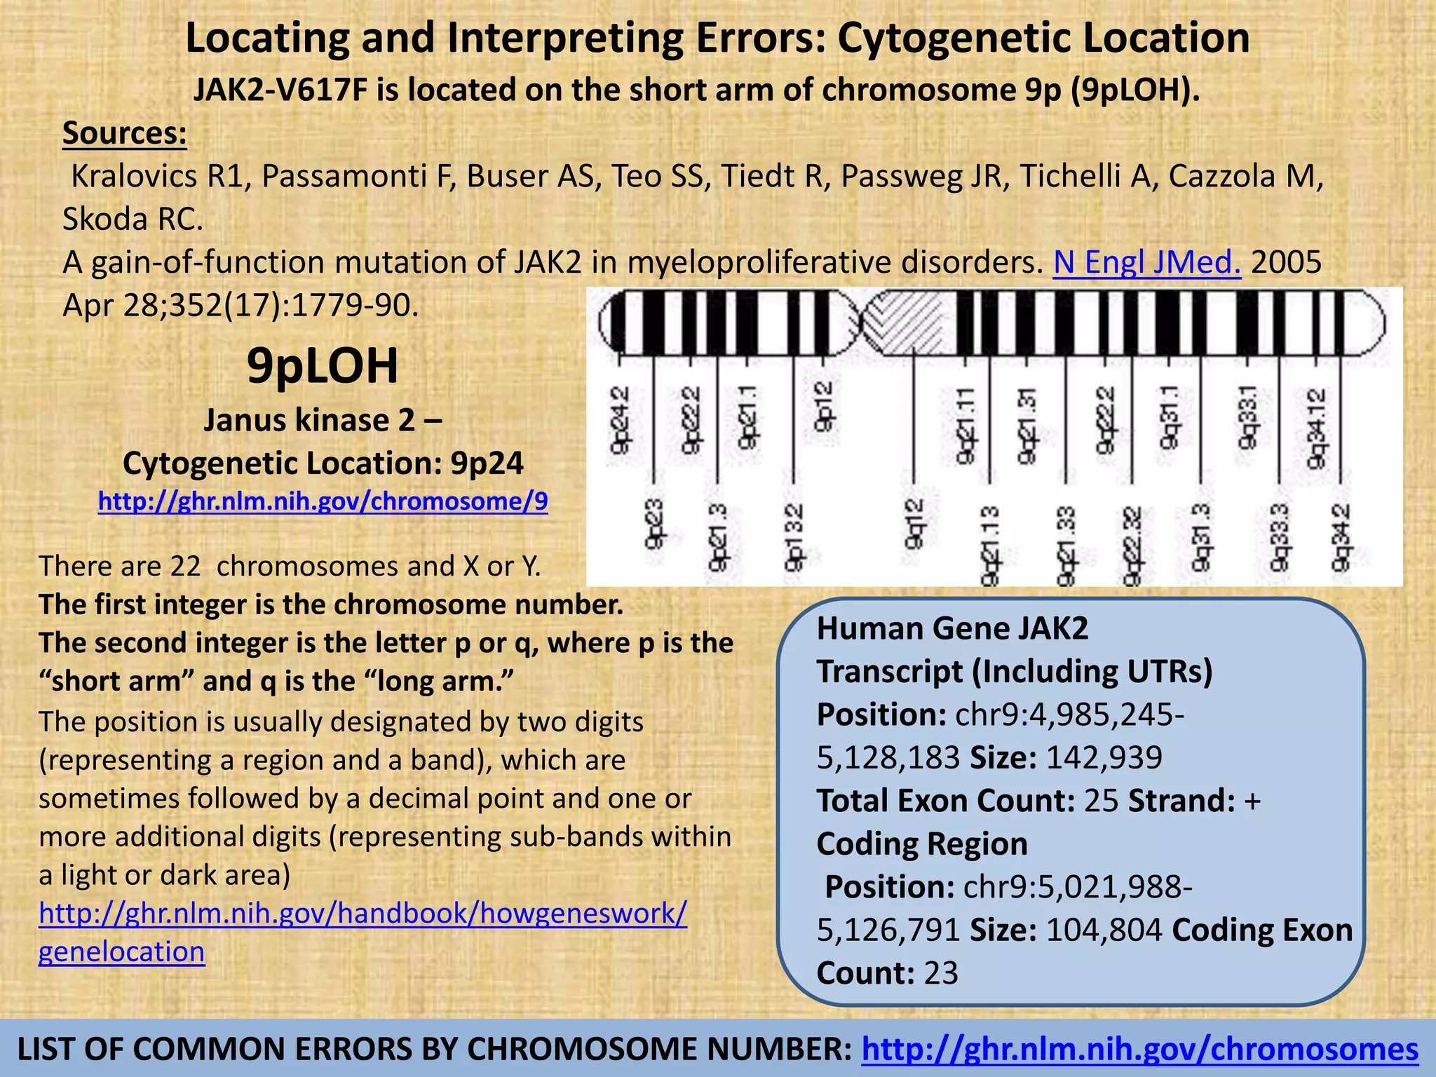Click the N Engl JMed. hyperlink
(x=1146, y=262)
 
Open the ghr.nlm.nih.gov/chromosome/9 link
(x=323, y=501)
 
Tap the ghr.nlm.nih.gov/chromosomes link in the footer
(x=1139, y=1050)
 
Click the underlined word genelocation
(x=121, y=951)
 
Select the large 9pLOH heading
(x=323, y=365)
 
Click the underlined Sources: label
(x=125, y=133)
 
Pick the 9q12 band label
(x=914, y=523)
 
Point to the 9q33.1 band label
(x=1248, y=417)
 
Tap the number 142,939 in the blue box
(x=1104, y=758)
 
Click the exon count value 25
(x=1101, y=801)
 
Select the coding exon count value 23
(x=941, y=973)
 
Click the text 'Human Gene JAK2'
(x=952, y=628)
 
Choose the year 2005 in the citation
(x=1286, y=262)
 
